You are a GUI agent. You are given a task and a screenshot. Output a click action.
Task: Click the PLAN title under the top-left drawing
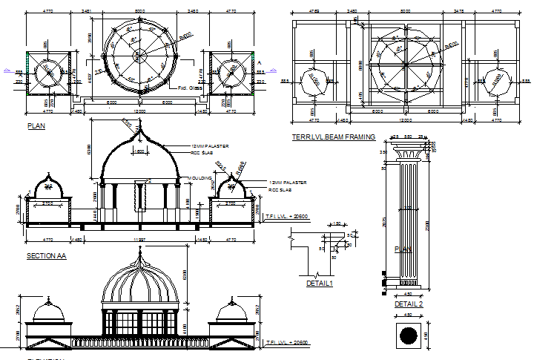(x=36, y=126)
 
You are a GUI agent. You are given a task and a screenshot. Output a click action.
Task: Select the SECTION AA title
(x=47, y=256)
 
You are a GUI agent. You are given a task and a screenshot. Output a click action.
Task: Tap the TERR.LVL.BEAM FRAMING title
(x=333, y=137)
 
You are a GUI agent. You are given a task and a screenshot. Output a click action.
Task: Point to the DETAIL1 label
(x=320, y=283)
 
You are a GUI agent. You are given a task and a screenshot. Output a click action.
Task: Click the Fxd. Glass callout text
(x=191, y=88)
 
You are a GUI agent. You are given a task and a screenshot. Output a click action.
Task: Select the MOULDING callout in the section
(x=201, y=178)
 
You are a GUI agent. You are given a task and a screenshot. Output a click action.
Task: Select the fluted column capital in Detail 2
(x=409, y=154)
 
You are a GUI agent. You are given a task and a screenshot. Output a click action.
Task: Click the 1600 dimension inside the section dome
(x=139, y=151)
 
